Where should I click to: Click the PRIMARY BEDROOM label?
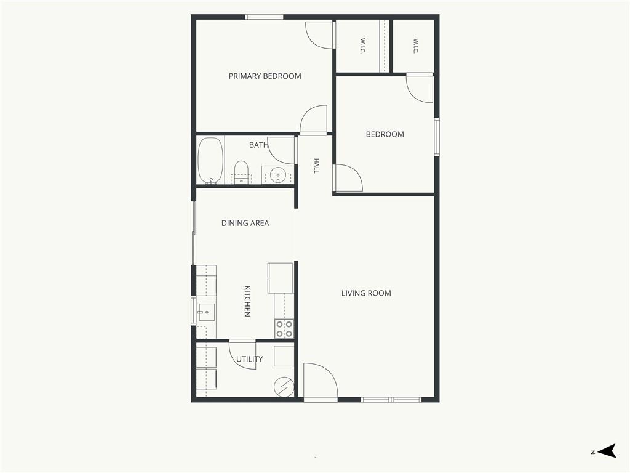(265, 76)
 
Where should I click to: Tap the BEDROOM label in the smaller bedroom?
(385, 134)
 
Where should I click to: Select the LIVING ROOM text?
(366, 293)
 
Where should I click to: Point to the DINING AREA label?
(245, 223)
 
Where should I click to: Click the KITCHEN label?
(247, 301)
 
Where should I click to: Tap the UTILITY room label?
(250, 359)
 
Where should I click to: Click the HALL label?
(317, 166)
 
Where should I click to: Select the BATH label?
(258, 145)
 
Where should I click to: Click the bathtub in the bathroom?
(210, 161)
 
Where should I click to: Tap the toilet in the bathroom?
(241, 172)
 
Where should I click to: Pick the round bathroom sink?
(278, 175)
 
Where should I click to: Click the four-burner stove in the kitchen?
(284, 329)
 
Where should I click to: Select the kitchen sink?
(207, 312)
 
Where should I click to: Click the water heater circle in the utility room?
(284, 387)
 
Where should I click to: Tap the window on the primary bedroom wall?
(264, 17)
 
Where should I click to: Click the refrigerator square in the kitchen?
(280, 278)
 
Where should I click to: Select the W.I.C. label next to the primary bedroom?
(362, 46)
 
